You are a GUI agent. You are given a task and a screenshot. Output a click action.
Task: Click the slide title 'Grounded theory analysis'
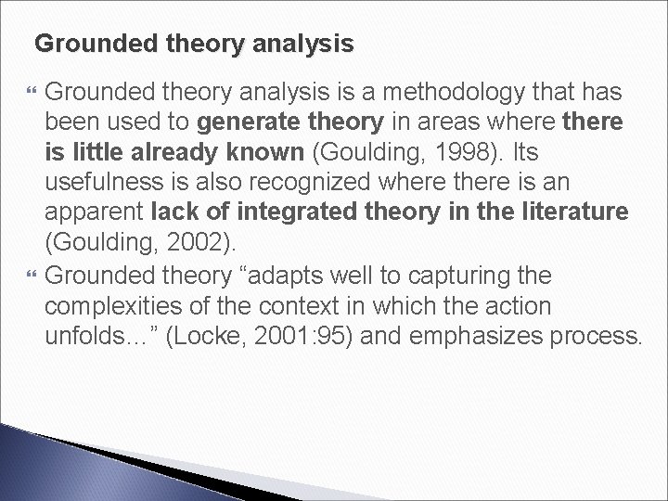(x=193, y=43)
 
